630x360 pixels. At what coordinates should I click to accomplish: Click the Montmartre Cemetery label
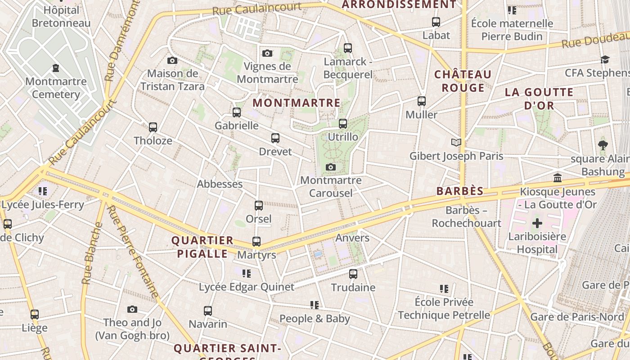click(56, 88)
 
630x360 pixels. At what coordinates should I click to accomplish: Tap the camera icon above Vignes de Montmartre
click(267, 54)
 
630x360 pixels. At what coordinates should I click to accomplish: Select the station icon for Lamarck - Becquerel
click(347, 48)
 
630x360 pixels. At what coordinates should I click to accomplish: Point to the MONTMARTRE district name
click(297, 103)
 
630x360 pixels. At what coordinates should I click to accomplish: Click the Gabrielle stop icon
click(237, 112)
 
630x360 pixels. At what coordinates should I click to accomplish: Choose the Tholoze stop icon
click(153, 127)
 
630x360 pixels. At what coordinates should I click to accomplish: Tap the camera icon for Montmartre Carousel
click(331, 167)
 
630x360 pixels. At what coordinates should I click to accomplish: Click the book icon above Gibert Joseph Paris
click(456, 143)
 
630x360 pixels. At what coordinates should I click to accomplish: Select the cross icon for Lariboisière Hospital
click(537, 223)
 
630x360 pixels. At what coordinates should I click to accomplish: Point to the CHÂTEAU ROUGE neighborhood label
click(463, 81)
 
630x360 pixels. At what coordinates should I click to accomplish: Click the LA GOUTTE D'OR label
click(539, 99)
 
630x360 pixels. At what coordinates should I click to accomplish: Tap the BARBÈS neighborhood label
click(460, 191)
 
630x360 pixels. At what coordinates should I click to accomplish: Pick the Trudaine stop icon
click(353, 274)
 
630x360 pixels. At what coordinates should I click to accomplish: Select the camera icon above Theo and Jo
click(132, 309)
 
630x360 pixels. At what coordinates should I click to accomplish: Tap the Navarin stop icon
click(208, 310)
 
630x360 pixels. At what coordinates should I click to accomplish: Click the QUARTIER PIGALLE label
click(202, 247)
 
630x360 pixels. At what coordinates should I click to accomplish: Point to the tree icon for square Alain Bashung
click(603, 145)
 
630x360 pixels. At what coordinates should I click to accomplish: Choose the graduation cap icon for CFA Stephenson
click(605, 60)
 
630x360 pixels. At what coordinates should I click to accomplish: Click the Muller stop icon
click(422, 101)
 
